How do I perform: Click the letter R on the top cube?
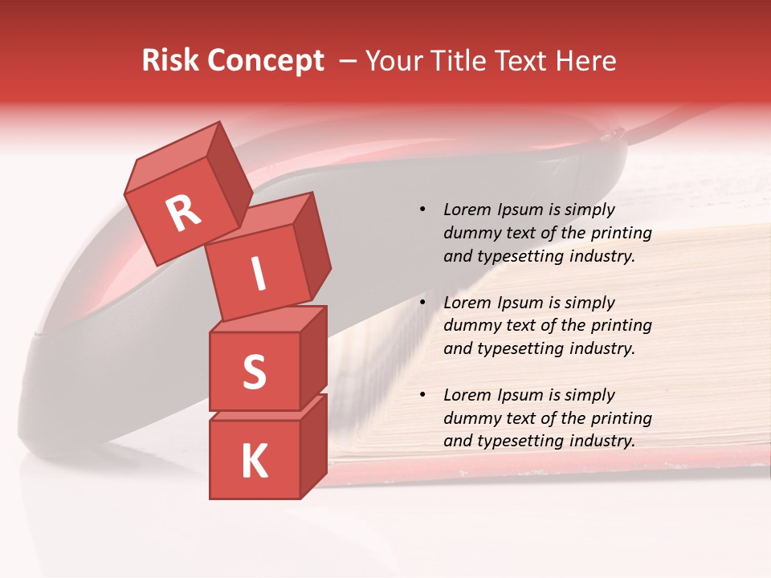coord(183,214)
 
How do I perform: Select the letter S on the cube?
coord(254,372)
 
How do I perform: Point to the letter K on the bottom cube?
coord(254,462)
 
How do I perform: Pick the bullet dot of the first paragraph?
coord(422,210)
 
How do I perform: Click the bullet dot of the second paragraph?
coord(422,303)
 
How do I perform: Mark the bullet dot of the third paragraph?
coord(422,395)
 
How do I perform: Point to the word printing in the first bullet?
coord(622,234)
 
